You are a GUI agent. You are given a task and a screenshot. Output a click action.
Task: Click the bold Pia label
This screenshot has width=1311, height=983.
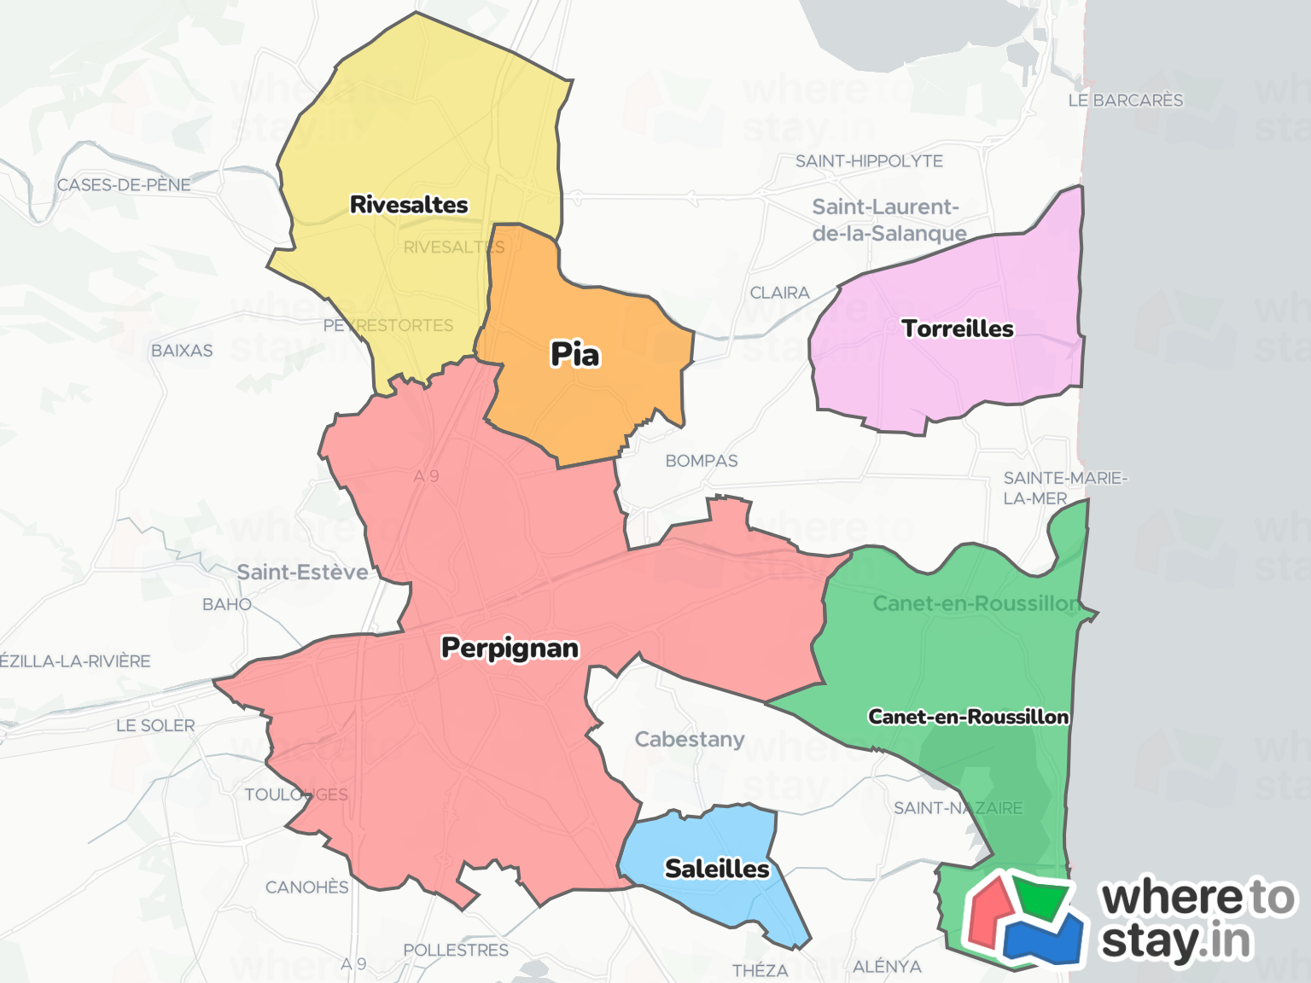tap(575, 354)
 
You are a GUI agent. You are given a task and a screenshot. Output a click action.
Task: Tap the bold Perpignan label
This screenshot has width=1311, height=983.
tap(510, 648)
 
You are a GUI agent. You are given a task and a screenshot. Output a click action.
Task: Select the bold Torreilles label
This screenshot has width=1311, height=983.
tap(958, 329)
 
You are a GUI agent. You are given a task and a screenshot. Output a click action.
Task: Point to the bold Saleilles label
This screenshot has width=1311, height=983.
tap(717, 869)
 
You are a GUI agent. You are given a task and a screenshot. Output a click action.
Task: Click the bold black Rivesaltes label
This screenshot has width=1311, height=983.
tap(409, 205)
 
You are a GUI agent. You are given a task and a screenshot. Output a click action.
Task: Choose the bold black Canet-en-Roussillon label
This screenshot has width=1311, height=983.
tap(968, 717)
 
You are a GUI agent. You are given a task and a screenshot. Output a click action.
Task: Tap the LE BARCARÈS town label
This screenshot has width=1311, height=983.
tap(1126, 101)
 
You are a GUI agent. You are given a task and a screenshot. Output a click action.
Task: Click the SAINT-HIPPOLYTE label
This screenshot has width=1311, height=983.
tap(869, 161)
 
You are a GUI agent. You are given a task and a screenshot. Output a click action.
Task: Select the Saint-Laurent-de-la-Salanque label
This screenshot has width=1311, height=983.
tap(889, 220)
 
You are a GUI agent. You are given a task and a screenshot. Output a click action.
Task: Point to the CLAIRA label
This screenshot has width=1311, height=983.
tap(779, 293)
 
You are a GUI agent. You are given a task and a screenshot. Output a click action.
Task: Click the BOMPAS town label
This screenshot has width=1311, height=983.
tap(702, 461)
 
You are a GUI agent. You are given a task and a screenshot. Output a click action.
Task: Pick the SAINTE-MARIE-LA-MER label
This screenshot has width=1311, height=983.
tap(1064, 488)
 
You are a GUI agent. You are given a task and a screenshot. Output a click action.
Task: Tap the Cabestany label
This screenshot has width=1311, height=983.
tap(690, 739)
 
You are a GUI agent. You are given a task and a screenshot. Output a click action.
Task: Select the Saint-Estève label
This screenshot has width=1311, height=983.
tap(302, 572)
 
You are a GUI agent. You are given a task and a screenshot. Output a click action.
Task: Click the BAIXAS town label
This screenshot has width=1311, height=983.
tap(182, 351)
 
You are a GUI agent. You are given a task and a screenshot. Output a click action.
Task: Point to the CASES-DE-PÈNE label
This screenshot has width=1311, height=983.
tap(124, 185)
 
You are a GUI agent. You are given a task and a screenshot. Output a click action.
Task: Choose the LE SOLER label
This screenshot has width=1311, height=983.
tap(155, 725)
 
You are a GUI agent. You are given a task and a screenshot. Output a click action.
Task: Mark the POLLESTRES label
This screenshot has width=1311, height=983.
tap(456, 950)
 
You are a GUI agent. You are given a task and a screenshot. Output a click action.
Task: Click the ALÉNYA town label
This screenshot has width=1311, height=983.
tap(887, 966)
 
